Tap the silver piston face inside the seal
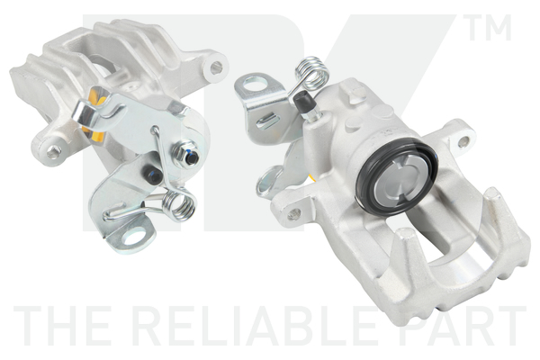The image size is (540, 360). click(x=399, y=180)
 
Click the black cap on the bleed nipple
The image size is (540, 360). click(x=302, y=100)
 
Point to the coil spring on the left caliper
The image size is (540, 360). click(x=178, y=204)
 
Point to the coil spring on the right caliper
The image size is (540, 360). click(x=311, y=73)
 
